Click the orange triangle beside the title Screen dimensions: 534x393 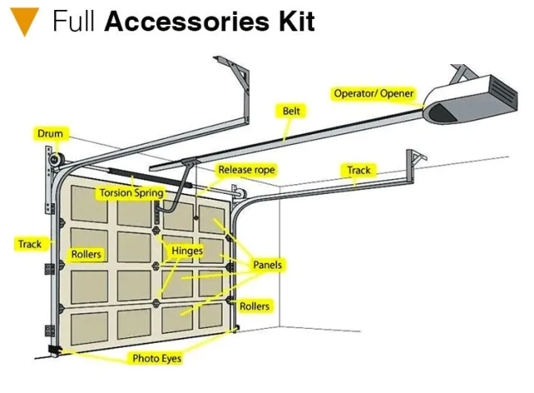(x=25, y=21)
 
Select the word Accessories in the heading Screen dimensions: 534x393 (x=186, y=21)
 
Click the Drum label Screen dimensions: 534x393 (x=50, y=133)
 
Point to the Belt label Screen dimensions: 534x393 (x=291, y=111)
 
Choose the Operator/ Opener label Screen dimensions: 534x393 (x=374, y=94)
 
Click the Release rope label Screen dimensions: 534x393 (x=246, y=169)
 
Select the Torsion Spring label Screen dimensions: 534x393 (x=131, y=193)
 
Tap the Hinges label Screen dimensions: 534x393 (x=187, y=251)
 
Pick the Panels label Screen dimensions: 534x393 (x=267, y=265)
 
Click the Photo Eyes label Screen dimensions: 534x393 (x=157, y=358)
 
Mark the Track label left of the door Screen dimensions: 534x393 (x=30, y=244)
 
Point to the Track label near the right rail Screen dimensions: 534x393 (x=359, y=170)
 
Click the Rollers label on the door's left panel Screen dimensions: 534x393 (x=86, y=254)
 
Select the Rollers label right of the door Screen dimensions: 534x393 (x=255, y=306)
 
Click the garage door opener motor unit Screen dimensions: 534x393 (x=471, y=99)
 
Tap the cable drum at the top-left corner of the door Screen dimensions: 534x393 (x=56, y=160)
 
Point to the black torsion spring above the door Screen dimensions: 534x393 (x=150, y=178)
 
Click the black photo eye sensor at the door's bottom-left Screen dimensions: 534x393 (x=54, y=349)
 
